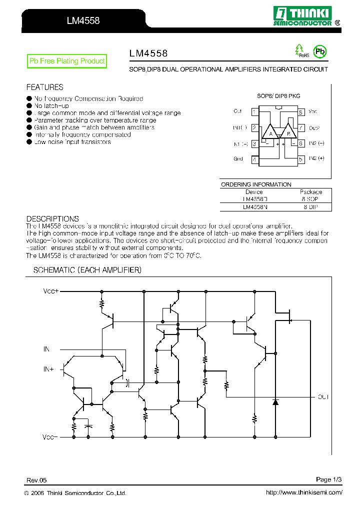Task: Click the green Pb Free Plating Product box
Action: pyautogui.click(x=67, y=61)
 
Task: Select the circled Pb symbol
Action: pyautogui.click(x=319, y=51)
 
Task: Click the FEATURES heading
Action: pyautogui.click(x=44, y=87)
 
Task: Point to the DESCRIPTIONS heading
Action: pyautogui.click(x=52, y=219)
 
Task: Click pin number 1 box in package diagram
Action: pyautogui.click(x=254, y=112)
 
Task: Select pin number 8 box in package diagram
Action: pyautogui.click(x=301, y=112)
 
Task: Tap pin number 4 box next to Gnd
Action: pyautogui.click(x=254, y=159)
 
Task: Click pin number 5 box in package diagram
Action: pyautogui.click(x=301, y=159)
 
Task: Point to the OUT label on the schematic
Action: pyautogui.click(x=323, y=397)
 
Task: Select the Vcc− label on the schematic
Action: pyautogui.click(x=50, y=437)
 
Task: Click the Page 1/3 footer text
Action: pyautogui.click(x=328, y=479)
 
